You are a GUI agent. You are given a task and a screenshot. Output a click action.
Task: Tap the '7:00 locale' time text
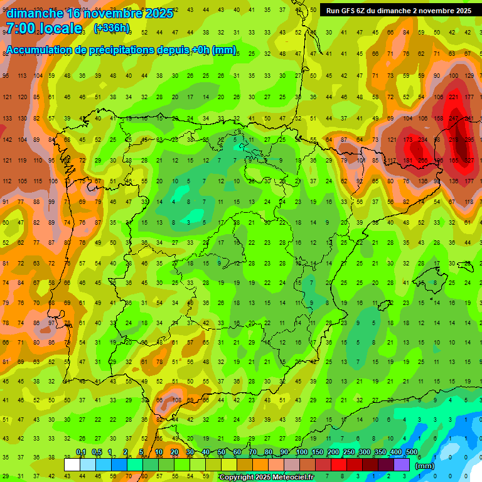44,28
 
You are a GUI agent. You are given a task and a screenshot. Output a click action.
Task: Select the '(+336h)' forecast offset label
112,28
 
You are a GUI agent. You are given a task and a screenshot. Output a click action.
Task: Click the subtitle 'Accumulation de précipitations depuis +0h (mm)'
121,50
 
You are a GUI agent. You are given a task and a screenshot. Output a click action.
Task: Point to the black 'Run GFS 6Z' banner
399,11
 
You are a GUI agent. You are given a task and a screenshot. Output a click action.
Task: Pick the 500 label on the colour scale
411,453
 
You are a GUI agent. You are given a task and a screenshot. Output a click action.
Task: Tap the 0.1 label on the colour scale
81,453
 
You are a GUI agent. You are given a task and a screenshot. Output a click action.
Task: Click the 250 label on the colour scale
348,453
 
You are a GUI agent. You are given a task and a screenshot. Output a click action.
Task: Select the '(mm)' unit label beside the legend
425,466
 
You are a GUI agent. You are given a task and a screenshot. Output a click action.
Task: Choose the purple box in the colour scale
402,465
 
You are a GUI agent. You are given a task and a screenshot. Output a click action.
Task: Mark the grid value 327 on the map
469,160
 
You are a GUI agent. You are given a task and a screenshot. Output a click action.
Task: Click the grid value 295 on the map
469,139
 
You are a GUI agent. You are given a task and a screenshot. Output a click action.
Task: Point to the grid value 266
423,160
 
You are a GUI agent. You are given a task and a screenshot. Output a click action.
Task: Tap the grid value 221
453,97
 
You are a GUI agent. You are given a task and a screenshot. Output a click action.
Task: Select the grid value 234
423,139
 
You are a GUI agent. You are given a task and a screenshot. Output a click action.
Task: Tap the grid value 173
407,139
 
